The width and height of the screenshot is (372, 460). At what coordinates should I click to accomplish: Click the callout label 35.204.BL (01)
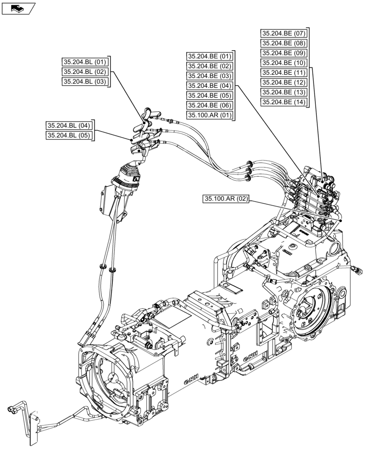coord(84,62)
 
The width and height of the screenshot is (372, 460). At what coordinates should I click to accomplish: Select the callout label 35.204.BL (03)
coord(84,82)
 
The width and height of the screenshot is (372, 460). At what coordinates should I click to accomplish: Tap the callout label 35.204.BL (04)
coord(70,125)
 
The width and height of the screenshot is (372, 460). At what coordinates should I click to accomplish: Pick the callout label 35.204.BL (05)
coord(70,135)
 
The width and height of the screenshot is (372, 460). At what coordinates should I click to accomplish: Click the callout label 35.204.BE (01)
coord(209,56)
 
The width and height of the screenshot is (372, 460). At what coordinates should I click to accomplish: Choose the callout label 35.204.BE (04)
coord(209,86)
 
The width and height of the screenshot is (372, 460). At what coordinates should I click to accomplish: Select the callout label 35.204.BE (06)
coord(209,105)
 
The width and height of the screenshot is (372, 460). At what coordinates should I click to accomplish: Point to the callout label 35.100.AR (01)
coord(209,115)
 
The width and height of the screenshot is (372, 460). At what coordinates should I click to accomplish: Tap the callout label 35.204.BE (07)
coord(284,33)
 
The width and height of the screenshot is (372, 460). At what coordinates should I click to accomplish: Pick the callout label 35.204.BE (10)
coord(284,63)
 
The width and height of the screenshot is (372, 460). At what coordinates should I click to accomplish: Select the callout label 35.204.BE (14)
coord(284,102)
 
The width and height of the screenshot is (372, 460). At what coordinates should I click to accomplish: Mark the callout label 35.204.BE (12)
coord(284,82)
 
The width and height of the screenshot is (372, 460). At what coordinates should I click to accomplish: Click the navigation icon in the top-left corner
coord(18,8)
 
